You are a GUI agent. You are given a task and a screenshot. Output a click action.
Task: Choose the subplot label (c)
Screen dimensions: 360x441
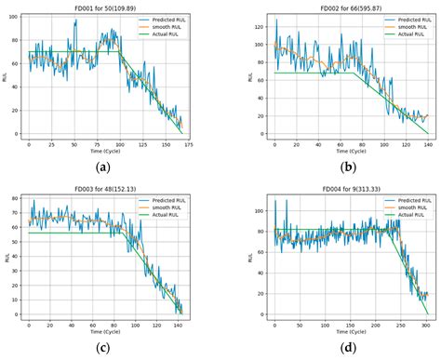click(x=104, y=348)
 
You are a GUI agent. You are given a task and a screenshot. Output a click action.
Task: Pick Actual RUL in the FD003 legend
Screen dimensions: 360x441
click(x=171, y=216)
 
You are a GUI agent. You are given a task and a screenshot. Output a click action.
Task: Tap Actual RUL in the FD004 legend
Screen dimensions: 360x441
click(x=403, y=216)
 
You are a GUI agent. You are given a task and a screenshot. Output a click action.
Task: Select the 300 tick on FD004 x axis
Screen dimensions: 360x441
click(x=425, y=327)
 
